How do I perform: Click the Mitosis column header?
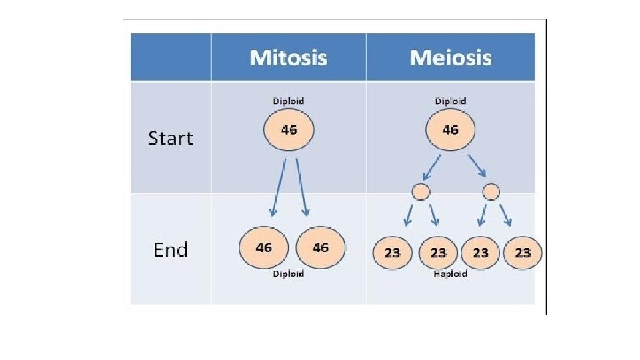288,57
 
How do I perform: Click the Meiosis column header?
451,57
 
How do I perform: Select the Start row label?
170,139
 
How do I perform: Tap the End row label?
171,249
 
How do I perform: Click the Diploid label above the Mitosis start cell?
289,101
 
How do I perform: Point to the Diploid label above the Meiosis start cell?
450,101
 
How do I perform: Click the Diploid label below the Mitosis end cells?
289,273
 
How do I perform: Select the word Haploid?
450,273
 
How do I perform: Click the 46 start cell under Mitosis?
289,130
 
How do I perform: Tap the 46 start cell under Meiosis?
450,130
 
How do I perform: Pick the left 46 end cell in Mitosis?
264,247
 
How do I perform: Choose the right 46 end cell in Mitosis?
321,247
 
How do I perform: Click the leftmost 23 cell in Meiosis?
392,253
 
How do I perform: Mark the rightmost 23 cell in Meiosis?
523,253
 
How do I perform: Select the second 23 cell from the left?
438,253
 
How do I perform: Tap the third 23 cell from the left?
481,253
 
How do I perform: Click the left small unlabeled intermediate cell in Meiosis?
421,192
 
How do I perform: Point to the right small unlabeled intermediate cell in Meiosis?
491,192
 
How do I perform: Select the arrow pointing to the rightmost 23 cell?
505,215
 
